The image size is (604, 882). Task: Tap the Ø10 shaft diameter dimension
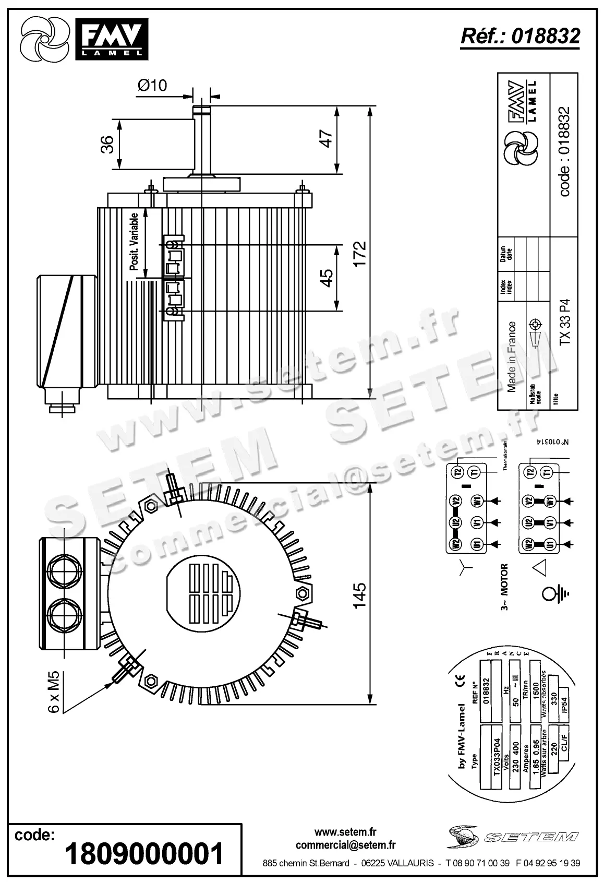152,85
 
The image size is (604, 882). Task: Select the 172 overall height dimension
360,254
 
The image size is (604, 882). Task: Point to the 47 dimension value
326,138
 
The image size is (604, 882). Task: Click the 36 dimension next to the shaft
106,145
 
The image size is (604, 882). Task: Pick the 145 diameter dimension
360,595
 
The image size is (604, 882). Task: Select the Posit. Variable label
134,241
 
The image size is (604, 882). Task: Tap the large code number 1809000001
144,854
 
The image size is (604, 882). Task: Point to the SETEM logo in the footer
514,837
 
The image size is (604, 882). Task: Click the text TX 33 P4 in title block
565,322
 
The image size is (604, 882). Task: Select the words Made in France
512,356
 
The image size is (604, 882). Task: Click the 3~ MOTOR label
504,587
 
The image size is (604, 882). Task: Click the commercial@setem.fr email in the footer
345,845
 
